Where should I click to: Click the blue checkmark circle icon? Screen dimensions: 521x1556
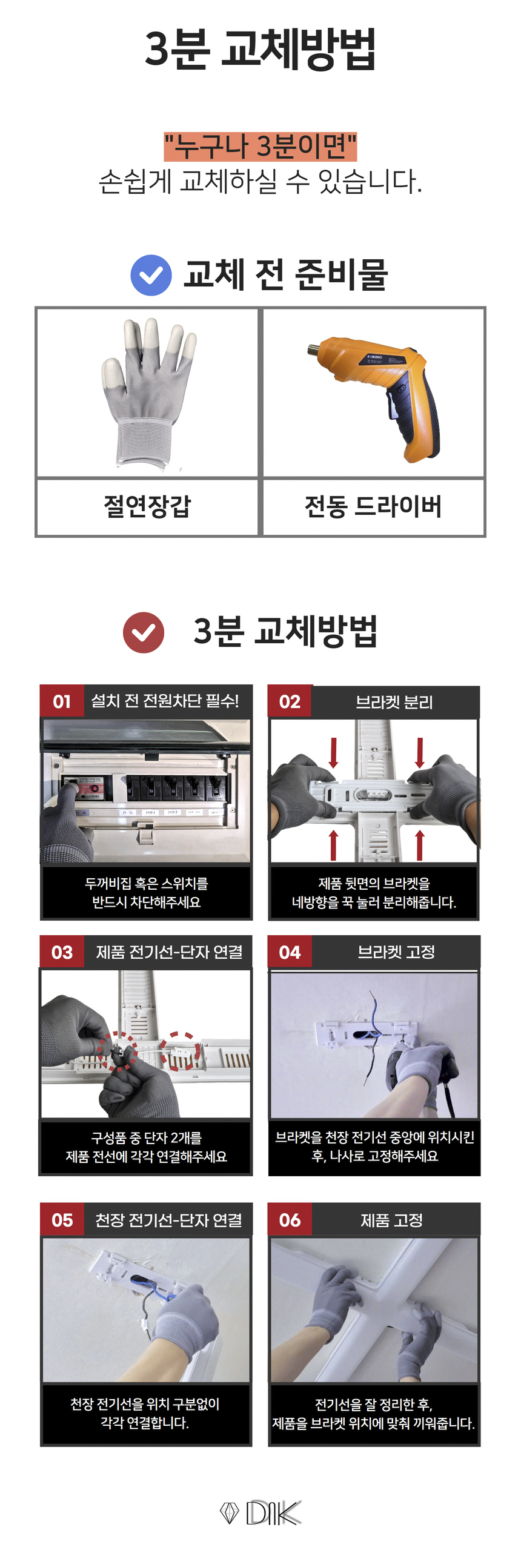[151, 276]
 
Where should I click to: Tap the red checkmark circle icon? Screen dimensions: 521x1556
[144, 632]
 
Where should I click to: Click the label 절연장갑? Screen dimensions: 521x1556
[147, 506]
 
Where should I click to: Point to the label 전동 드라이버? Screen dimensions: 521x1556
[373, 506]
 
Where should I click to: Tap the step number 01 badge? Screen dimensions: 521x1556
[62, 701]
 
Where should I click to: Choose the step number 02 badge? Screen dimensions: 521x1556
[290, 701]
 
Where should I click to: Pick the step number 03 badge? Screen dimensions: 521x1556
[62, 952]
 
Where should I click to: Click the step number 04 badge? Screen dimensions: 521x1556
[290, 952]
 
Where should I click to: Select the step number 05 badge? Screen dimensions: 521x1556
[62, 1220]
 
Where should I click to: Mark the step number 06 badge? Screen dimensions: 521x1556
[290, 1220]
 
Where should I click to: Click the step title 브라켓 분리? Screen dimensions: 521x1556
[394, 702]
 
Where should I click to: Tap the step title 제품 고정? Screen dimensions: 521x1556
[392, 1220]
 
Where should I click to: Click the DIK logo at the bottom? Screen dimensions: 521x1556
[260, 1512]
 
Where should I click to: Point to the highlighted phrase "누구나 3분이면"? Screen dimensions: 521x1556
[260, 146]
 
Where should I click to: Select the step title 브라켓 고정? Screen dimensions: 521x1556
[396, 952]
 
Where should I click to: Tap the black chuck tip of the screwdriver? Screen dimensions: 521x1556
[313, 350]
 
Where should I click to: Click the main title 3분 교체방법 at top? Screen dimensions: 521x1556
[260, 48]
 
